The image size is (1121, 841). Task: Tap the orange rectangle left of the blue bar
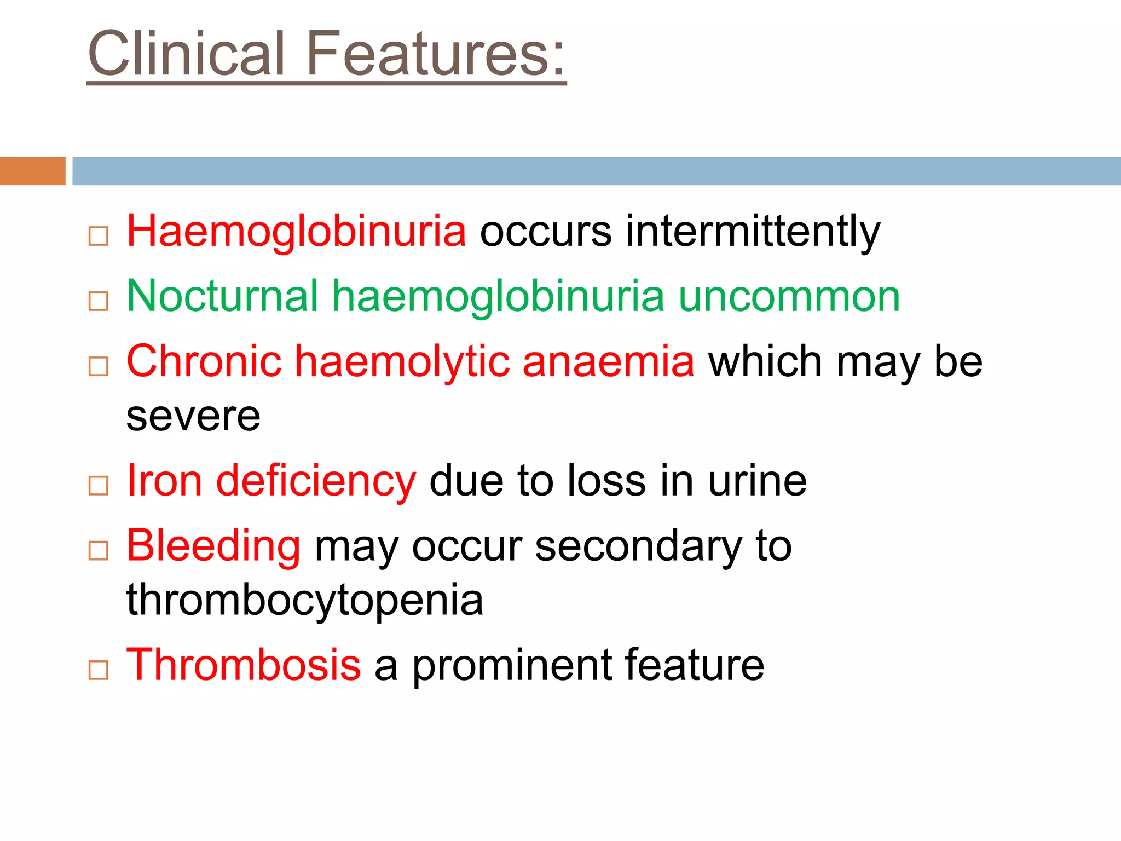pos(32,171)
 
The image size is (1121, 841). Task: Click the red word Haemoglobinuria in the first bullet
pos(296,231)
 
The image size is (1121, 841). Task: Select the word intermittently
pos(753,231)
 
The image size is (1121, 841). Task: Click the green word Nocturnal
pos(222,296)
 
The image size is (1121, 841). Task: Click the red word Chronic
pos(204,361)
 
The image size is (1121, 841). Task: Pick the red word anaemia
pos(608,361)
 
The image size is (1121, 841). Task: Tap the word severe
pos(193,416)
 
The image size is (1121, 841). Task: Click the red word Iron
pos(164,481)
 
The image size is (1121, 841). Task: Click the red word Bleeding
pos(213,546)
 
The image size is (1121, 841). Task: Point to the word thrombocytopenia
pos(305,600)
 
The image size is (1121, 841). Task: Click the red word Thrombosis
pos(244,665)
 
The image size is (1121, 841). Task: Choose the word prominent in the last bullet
pos(511,666)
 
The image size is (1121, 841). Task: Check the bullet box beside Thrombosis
pos(99,670)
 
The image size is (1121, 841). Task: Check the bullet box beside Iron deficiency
pos(99,486)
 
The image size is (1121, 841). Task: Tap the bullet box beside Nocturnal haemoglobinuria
pos(99,301)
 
